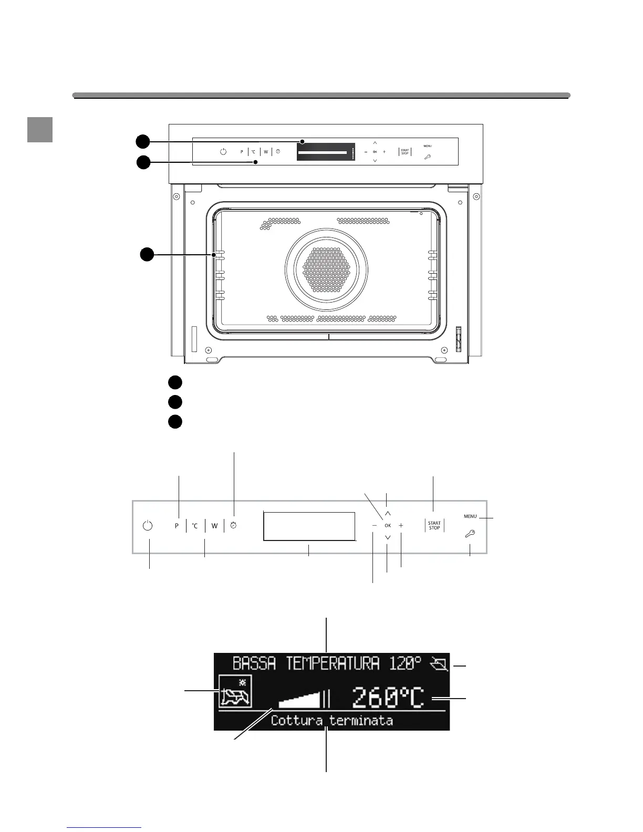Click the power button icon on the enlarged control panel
pyautogui.click(x=148, y=525)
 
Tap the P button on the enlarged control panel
pyautogui.click(x=177, y=526)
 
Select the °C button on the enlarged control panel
pyautogui.click(x=195, y=526)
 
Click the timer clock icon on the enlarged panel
pyautogui.click(x=234, y=525)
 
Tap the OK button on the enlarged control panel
pyautogui.click(x=388, y=525)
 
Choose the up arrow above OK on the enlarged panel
pyautogui.click(x=388, y=513)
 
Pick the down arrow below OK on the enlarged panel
pyautogui.click(x=388, y=537)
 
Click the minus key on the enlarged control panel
pyautogui.click(x=374, y=525)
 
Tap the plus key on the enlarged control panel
pyautogui.click(x=401, y=525)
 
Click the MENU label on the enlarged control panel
pyautogui.click(x=470, y=516)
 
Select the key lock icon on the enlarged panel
pyautogui.click(x=470, y=534)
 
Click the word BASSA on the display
pyautogui.click(x=254, y=663)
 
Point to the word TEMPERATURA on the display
pyautogui.click(x=333, y=663)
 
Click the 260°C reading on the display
pyautogui.click(x=388, y=698)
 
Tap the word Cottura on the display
pyautogui.click(x=297, y=720)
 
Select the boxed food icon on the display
pyautogui.click(x=235, y=692)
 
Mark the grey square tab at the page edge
pyautogui.click(x=40, y=129)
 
